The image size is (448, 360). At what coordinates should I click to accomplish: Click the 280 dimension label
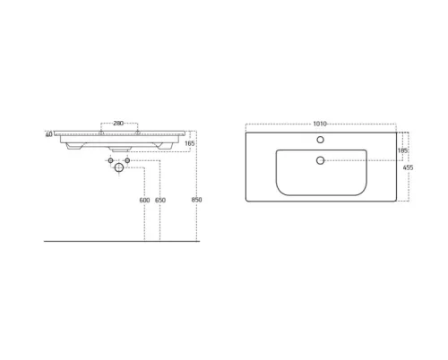point(118,123)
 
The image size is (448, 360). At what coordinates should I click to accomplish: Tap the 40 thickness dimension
point(49,134)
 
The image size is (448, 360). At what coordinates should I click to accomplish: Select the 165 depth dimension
point(189,143)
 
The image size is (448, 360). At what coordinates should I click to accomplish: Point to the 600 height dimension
point(144,200)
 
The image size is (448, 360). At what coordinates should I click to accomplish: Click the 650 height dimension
point(160,200)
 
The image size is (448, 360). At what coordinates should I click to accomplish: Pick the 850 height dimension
point(196,200)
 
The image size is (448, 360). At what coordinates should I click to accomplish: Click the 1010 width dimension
point(320,124)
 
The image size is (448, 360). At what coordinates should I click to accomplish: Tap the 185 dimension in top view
point(402,150)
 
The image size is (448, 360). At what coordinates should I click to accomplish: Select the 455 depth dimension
point(408,167)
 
